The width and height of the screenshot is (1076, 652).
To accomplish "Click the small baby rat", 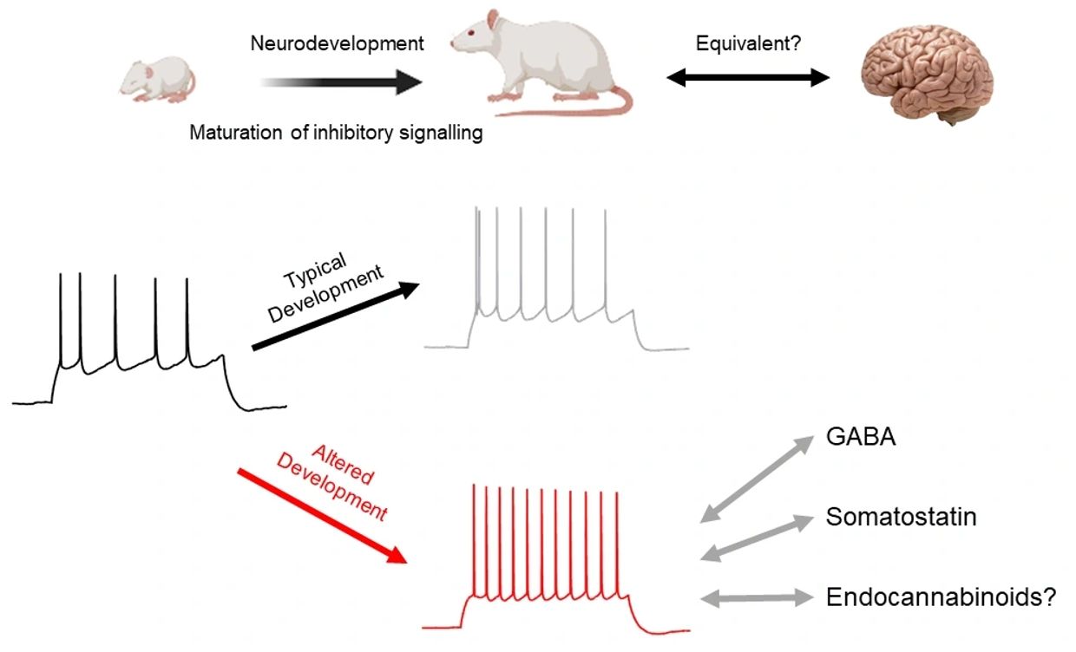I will tap(157, 78).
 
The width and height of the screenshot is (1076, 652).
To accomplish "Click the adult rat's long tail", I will tap(590, 109).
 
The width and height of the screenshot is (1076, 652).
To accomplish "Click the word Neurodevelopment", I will tap(337, 43).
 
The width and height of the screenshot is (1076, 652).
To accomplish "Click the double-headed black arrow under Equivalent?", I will tap(748, 78).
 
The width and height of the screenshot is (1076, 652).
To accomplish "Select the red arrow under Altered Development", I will tap(321, 515).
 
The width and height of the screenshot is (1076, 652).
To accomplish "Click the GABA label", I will tap(861, 437).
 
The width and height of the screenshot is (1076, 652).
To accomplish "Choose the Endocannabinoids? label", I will tap(941, 597).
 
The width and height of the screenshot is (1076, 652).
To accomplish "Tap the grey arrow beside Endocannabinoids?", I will tap(758, 597).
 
